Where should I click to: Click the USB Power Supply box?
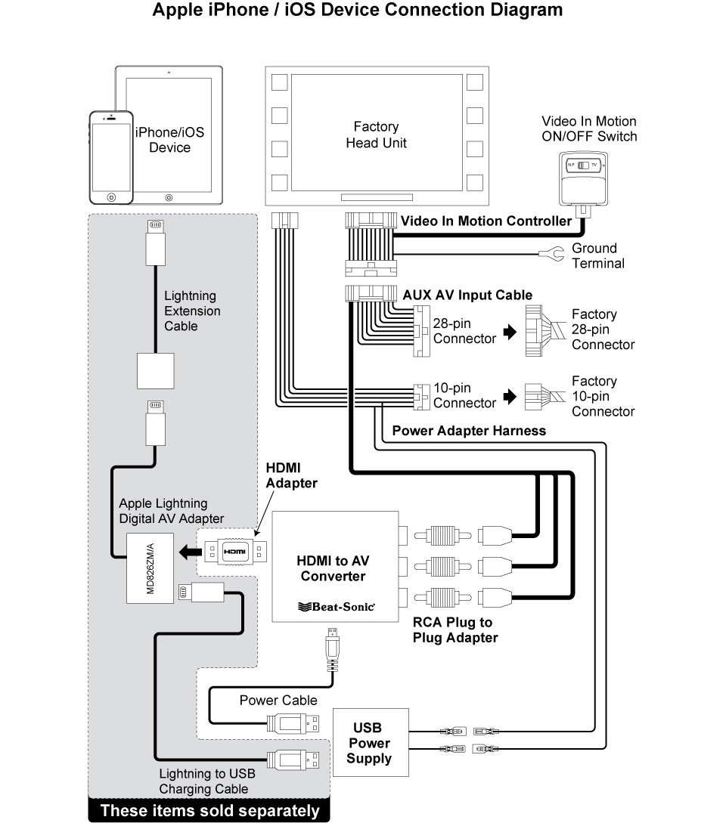pos(371,742)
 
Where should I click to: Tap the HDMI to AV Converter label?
pos(333,568)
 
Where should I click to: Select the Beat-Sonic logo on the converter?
pos(337,607)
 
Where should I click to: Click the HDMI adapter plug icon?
pos(235,552)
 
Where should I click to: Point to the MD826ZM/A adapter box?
pos(150,568)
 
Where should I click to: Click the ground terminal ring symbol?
pos(551,255)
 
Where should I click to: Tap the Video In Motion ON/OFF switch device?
pos(583,181)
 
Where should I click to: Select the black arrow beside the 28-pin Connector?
pos(510,332)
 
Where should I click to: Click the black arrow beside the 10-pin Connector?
pos(510,396)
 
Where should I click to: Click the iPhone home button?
pos(111,197)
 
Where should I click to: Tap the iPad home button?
pos(169,198)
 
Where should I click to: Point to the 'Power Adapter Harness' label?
pos(469,431)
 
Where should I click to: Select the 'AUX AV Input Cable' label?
pos(467,295)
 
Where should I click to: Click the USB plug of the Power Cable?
pos(293,724)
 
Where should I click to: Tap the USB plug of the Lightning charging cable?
pos(293,760)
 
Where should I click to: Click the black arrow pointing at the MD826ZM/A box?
pos(190,552)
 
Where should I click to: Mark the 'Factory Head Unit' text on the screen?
pos(376,135)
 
